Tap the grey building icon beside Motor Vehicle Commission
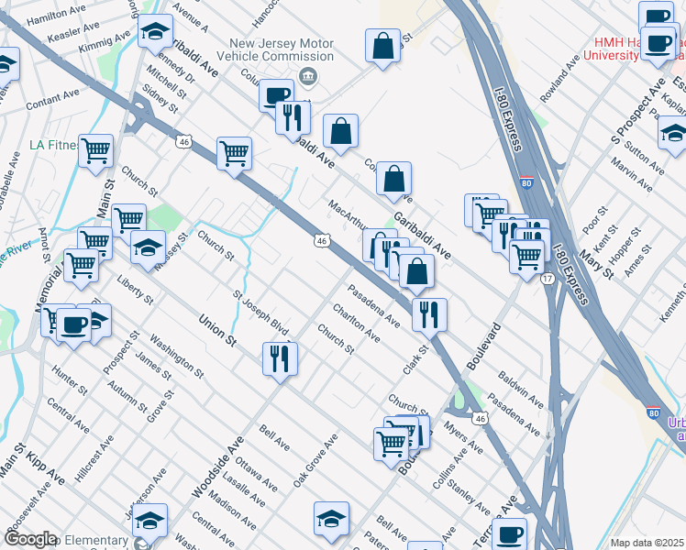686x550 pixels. (308, 75)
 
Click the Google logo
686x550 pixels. (30, 539)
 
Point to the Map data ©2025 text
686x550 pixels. (647, 543)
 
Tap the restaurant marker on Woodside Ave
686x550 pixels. (280, 357)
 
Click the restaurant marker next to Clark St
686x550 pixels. (429, 314)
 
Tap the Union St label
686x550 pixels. (218, 331)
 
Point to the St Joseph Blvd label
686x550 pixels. (260, 314)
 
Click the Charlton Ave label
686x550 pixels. (357, 324)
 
